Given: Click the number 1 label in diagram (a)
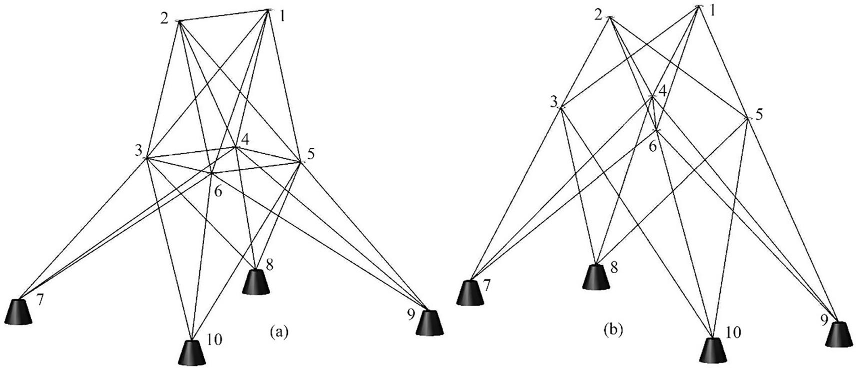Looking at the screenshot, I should (282, 16).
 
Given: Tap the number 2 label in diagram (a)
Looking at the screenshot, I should (164, 19).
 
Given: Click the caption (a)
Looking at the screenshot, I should (278, 332).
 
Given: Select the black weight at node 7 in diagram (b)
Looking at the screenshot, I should (470, 293).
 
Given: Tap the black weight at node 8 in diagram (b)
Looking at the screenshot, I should (596, 277).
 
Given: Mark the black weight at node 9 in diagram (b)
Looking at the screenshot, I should (838, 334).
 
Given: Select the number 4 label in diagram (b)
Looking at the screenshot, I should (662, 92).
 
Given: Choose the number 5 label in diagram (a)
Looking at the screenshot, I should (311, 154).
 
